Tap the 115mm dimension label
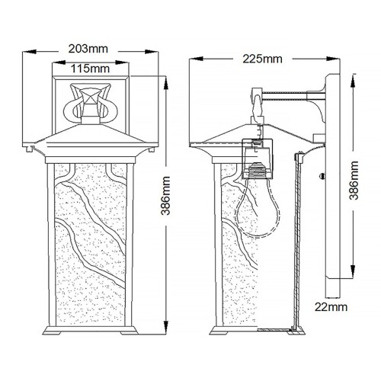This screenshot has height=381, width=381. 90,69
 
